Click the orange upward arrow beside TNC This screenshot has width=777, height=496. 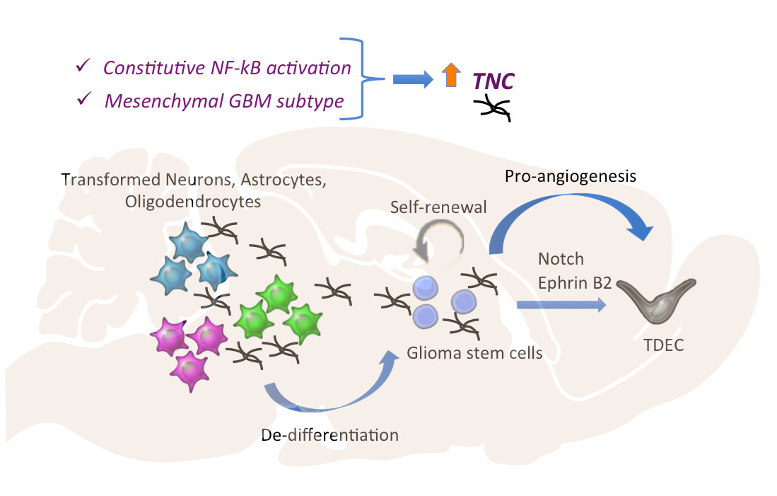point(448,76)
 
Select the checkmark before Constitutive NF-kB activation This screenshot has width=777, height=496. point(83,67)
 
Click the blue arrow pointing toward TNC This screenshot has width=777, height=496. point(412,79)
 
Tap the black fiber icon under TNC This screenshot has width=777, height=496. point(493,109)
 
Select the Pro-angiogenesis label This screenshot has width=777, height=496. point(570,175)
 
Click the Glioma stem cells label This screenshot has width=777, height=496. point(474,352)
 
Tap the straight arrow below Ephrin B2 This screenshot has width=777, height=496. point(561,304)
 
